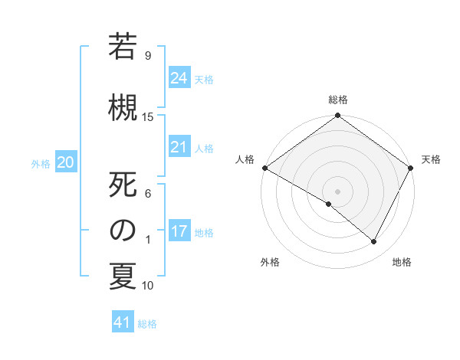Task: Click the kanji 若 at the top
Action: pos(123,47)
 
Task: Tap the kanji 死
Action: pos(123,185)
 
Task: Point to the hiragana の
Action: pos(123,230)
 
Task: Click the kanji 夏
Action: pos(123,277)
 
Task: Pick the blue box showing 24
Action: pos(179,78)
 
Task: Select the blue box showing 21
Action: pos(179,147)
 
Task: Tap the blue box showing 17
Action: pos(179,231)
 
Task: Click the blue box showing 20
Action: pos(66,162)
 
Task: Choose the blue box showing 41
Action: pos(123,322)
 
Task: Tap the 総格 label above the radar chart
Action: pos(337,100)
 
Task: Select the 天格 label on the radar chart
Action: pos(431,159)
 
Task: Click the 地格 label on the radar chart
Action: pos(402,262)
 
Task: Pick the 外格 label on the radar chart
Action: pos(270,262)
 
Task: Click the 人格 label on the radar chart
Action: pos(245,159)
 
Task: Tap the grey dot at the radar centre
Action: pos(337,191)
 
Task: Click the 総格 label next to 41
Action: pos(147,324)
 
